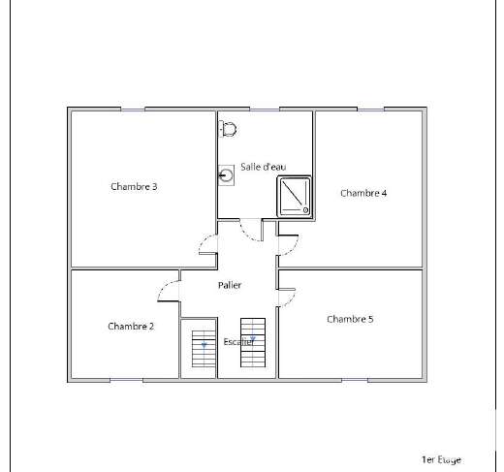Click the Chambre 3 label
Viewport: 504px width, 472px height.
(134, 186)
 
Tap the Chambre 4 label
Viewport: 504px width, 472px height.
(363, 193)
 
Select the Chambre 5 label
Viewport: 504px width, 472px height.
(350, 319)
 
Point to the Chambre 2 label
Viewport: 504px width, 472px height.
(131, 326)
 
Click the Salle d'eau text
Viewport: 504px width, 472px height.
(264, 167)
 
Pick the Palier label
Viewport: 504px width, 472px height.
(230, 285)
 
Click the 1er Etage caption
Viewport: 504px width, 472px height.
(441, 459)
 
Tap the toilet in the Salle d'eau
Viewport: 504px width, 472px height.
(228, 129)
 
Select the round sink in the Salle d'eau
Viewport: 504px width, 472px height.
(226, 175)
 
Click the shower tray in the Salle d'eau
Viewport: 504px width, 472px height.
(294, 197)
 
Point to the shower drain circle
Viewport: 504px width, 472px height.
(305, 210)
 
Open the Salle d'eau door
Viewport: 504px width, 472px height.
(246, 235)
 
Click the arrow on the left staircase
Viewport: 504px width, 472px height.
(204, 346)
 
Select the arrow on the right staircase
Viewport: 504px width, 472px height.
(253, 339)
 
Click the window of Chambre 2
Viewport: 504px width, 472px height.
(126, 381)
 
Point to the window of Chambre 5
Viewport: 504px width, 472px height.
(355, 381)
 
